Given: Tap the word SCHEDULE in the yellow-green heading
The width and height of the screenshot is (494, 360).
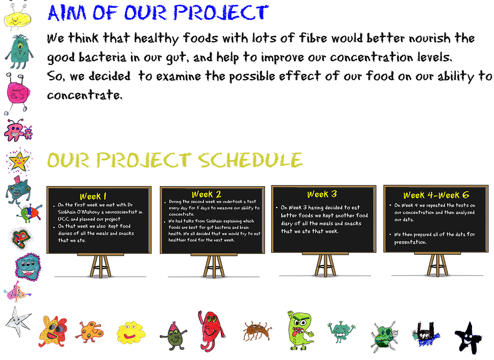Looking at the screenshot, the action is click(250, 160).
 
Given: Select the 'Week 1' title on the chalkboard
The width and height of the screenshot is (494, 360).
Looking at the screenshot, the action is click(93, 196).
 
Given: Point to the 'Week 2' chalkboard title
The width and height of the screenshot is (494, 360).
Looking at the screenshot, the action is click(207, 194).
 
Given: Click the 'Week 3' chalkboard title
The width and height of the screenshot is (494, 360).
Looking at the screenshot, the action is click(322, 194).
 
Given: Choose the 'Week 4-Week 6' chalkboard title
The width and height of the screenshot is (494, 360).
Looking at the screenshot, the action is click(436, 195).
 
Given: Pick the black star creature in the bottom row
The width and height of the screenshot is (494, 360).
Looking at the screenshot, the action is click(469, 338).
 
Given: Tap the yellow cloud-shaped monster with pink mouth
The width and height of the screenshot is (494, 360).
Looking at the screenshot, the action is click(131, 332).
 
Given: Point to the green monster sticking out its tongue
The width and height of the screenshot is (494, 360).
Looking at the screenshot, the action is click(300, 330).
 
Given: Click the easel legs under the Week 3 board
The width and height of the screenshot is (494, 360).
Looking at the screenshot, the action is click(325, 266).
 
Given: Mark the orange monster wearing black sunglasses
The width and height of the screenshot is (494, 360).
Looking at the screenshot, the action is click(53, 331).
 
